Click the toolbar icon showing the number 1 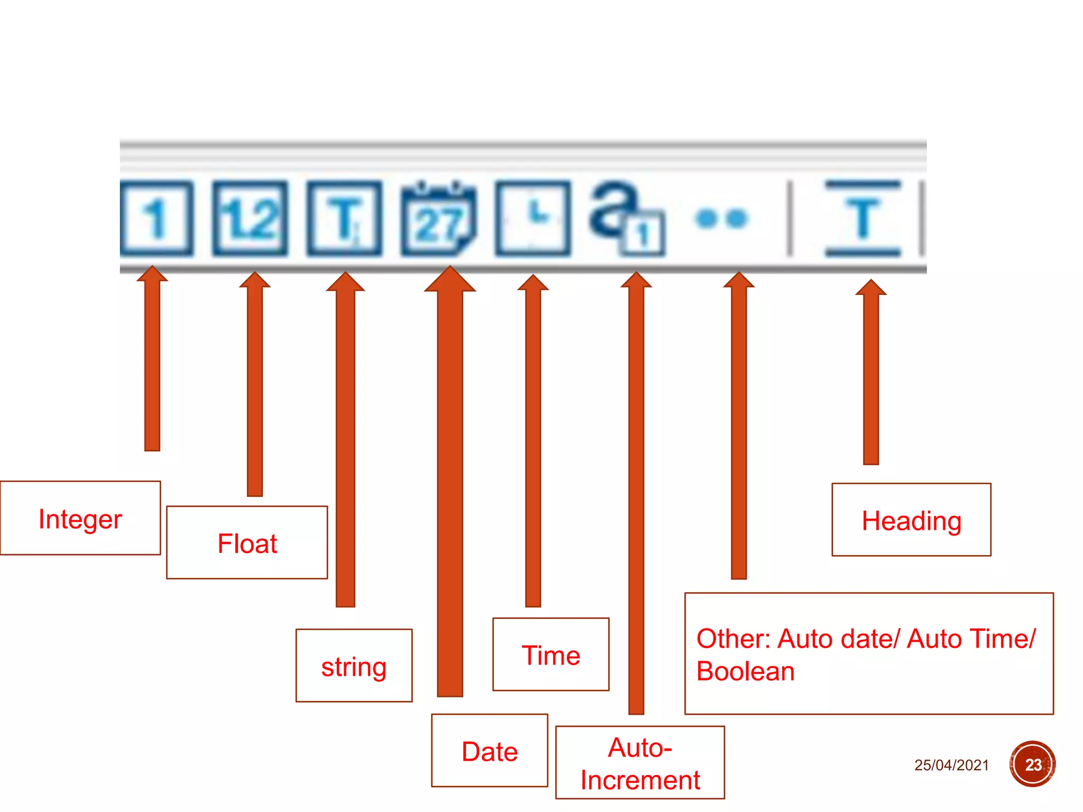tap(157, 218)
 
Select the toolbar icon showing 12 tap(250, 218)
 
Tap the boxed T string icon tap(344, 218)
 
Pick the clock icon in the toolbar tap(533, 218)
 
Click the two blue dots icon tap(722, 218)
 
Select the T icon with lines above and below tap(863, 218)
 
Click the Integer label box tap(80, 518)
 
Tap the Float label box tap(247, 542)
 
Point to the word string tap(354, 666)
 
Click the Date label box tap(490, 751)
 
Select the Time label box tap(551, 654)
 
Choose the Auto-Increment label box tap(640, 763)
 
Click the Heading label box tap(911, 520)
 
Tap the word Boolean tap(746, 671)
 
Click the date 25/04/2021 tap(951, 765)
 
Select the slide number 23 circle tap(1032, 764)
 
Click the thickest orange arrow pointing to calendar tap(450, 476)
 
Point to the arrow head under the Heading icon tap(871, 288)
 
